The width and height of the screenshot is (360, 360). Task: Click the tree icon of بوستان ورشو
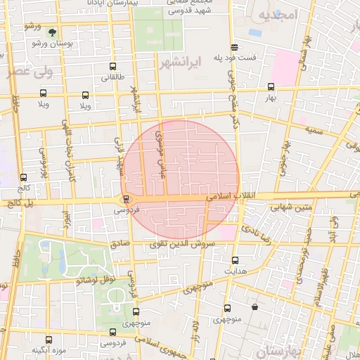pos(52,31)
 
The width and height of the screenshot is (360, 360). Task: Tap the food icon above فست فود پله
pos(233,48)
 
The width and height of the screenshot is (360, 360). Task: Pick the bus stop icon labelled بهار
pos(271,87)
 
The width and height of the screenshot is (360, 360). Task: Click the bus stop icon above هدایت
pos(235,260)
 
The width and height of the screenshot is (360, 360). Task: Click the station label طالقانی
pos(112,77)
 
